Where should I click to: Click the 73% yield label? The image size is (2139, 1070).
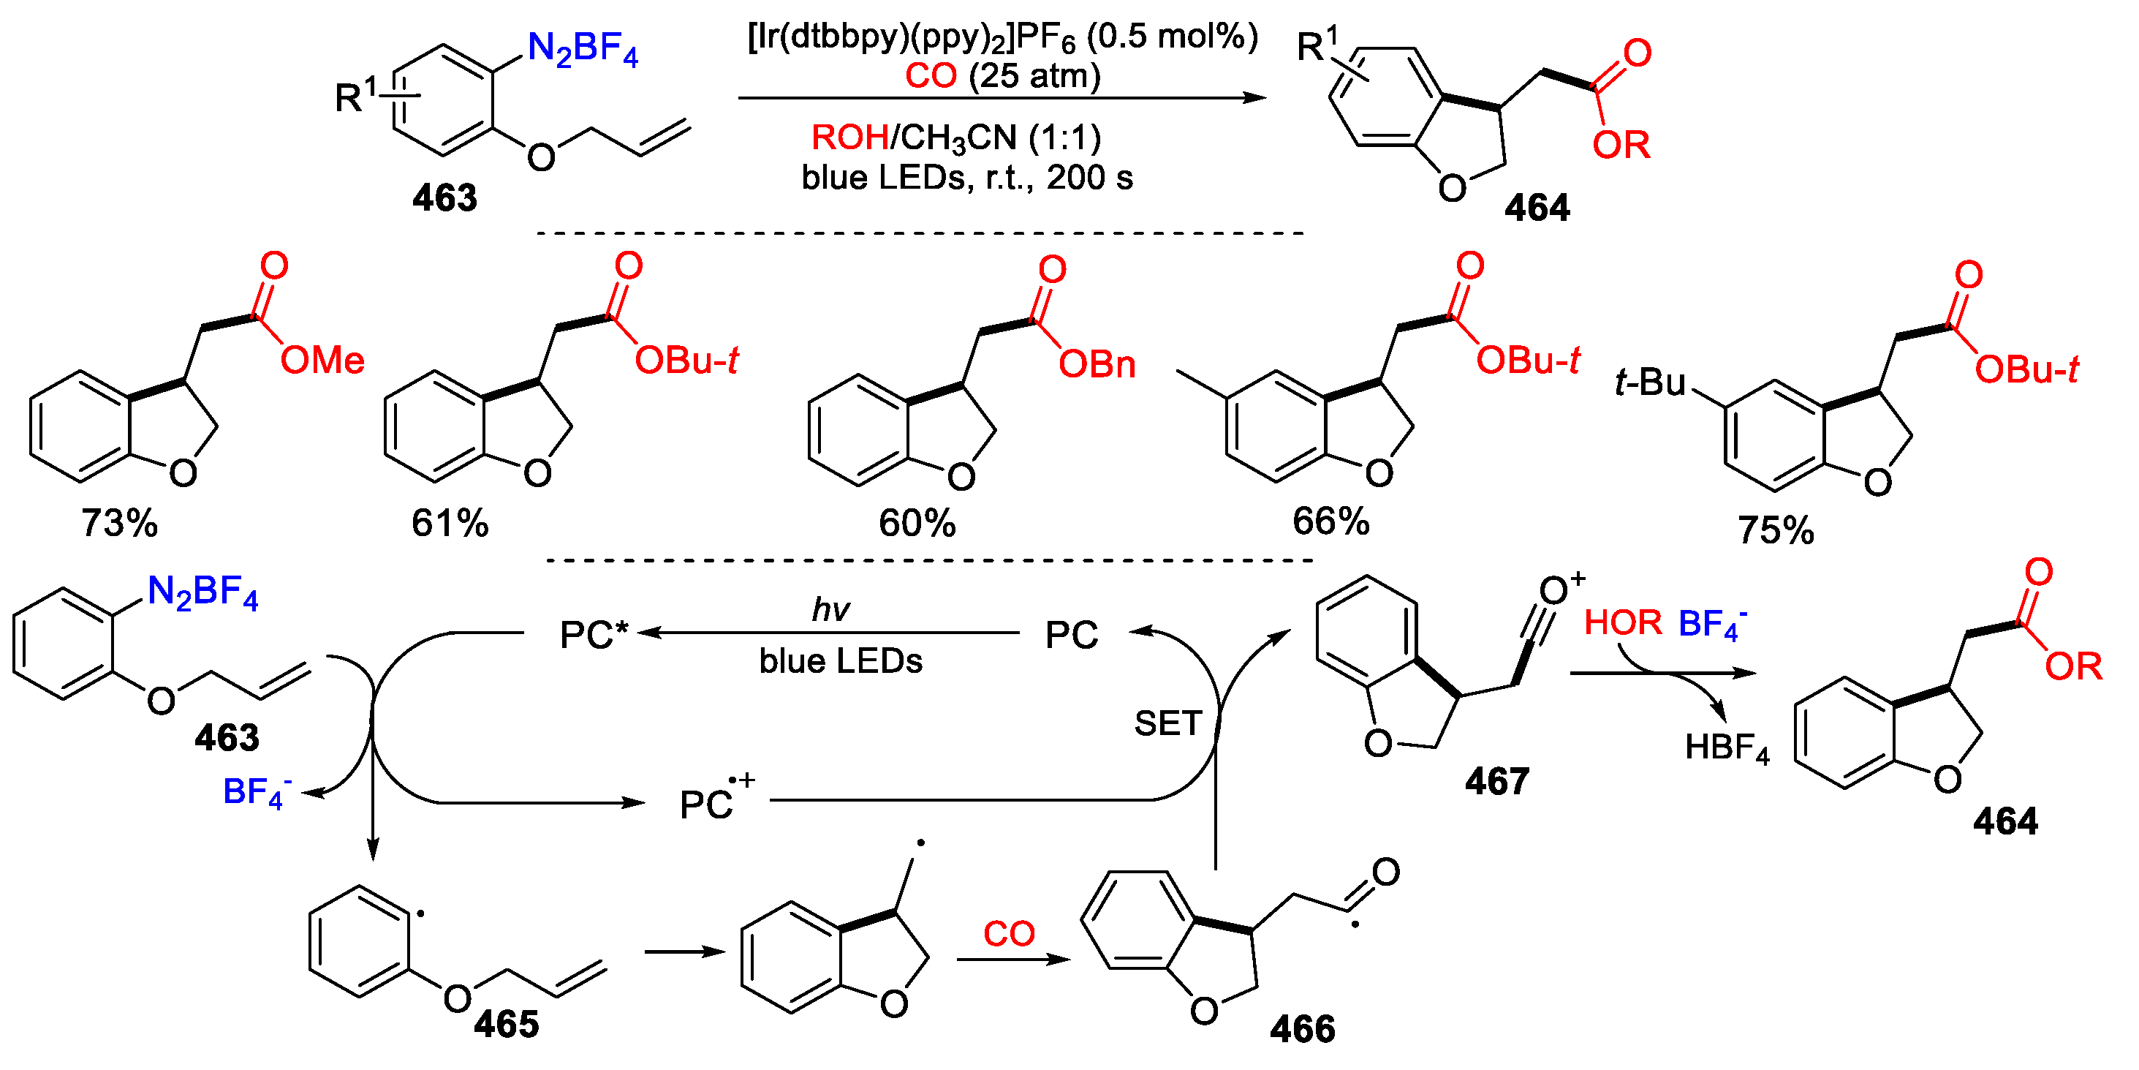[x=118, y=524]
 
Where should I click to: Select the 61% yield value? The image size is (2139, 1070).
[x=450, y=524]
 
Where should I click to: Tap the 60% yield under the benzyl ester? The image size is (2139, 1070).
[x=917, y=524]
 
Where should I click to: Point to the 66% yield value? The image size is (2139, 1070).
[x=1330, y=521]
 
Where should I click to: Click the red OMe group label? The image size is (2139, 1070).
[x=322, y=361]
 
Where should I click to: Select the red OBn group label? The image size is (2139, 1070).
[x=1097, y=365]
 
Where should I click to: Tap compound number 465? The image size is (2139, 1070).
[x=506, y=1025]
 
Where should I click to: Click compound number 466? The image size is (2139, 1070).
[x=1302, y=1029]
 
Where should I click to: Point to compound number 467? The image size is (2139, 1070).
[x=1496, y=782]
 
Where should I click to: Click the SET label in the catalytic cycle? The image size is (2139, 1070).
[x=1167, y=723]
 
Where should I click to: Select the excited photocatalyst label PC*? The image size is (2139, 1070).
[x=594, y=636]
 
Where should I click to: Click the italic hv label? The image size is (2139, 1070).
[x=830, y=610]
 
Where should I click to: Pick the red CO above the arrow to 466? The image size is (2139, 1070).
[x=1009, y=935]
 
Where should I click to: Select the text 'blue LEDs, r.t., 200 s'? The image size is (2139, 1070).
[x=966, y=178]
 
